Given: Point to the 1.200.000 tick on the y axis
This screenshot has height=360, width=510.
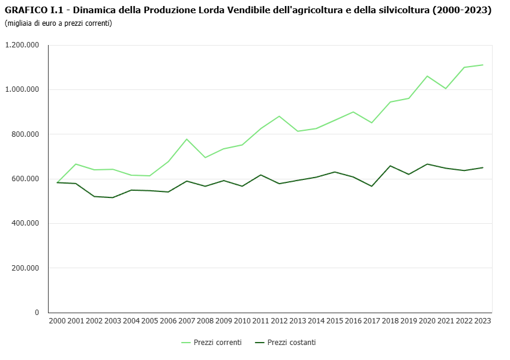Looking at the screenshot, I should (22, 45).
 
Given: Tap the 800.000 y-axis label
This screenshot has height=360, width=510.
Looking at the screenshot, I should (25, 134).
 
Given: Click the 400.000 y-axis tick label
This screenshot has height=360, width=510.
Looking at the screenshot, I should (25, 223).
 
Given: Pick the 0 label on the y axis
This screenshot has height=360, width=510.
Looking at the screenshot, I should (37, 313).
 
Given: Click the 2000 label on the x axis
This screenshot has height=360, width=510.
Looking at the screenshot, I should (57, 322).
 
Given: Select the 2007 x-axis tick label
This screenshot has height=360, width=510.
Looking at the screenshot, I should (187, 322).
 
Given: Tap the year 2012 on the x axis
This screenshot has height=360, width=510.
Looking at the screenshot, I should (279, 322).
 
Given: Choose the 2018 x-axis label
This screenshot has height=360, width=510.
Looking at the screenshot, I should (390, 322).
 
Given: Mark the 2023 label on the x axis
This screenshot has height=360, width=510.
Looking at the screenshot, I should (482, 322).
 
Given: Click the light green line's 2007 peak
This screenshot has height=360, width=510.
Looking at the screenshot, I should (187, 139).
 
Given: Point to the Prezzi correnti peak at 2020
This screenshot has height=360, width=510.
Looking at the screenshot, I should (427, 76).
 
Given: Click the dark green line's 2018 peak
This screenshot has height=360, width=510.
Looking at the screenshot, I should (390, 166).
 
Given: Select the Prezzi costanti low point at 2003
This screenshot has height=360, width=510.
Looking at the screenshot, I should (113, 197).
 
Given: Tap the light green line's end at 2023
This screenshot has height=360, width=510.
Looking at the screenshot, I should (482, 65).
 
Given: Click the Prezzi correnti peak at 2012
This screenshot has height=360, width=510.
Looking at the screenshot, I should (279, 116).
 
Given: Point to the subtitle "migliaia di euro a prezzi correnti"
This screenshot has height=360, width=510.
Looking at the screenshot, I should (58, 23).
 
